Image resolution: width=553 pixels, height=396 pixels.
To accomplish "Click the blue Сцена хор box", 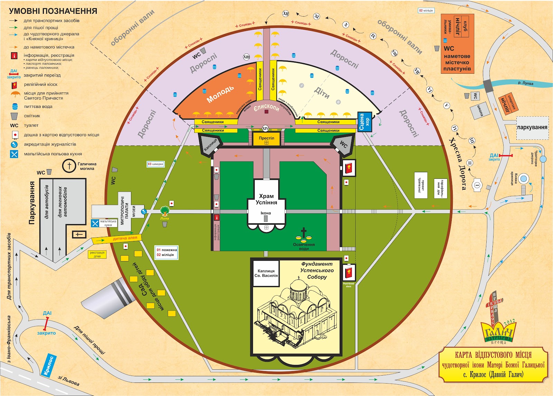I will pos(364,122).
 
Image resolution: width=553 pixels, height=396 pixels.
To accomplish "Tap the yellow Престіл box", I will pos(266,139).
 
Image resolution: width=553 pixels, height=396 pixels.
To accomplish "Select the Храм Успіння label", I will pos(266,199).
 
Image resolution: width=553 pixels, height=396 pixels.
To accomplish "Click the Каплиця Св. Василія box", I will pos(266,273).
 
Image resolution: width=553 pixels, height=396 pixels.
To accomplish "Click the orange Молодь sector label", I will pos(220,94).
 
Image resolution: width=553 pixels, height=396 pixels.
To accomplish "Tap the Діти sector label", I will pos(322,92).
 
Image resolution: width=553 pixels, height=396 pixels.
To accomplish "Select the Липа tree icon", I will pos(165,210).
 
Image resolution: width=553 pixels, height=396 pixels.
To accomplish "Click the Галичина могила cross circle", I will pos(69,166).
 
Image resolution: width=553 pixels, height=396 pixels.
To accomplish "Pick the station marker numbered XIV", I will pos(265,128).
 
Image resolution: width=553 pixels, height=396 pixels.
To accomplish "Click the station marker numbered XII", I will pos(285,14).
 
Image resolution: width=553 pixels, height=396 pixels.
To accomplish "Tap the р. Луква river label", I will pos(525,83).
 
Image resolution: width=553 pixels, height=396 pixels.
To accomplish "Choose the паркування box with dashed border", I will pos(532,128).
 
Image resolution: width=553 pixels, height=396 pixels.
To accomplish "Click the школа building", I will pos(480,110).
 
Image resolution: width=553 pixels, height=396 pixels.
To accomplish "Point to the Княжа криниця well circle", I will pos(524,179).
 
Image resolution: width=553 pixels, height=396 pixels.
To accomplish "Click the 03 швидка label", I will pos(155,164).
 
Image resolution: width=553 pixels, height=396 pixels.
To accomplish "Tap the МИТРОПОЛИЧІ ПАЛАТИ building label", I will pos(124,211).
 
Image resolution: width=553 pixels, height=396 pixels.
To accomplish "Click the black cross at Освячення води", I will pos(303,233).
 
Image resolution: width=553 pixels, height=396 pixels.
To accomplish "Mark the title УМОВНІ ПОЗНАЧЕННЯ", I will pos(53,11).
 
